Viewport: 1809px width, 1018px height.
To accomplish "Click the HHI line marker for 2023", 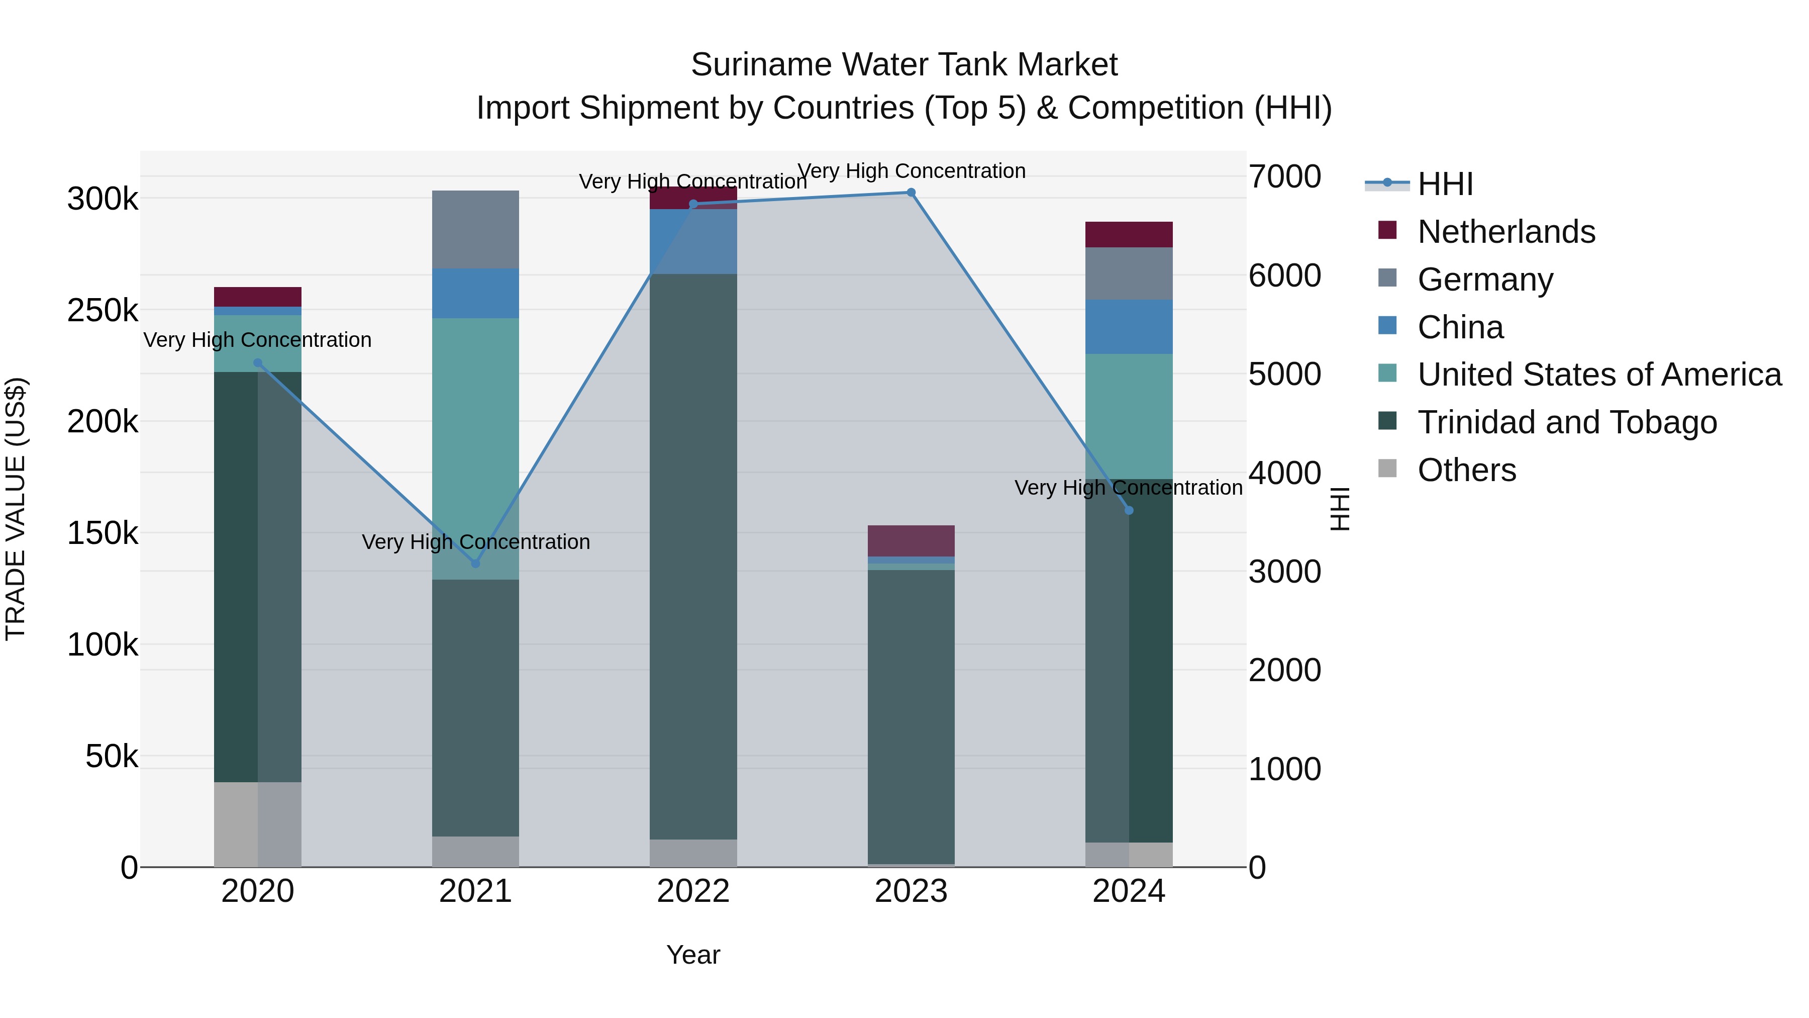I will (x=911, y=193).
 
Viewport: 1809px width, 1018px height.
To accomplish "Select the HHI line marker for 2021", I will (x=475, y=564).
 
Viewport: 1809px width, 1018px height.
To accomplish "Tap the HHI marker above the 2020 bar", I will (x=258, y=363).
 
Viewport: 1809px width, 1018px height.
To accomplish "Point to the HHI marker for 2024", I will (x=1129, y=510).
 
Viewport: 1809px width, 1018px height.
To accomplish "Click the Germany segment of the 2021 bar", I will (x=475, y=229).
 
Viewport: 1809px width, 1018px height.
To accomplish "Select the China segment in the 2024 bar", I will (x=1129, y=327).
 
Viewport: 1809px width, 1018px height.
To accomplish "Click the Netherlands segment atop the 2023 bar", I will (x=911, y=540).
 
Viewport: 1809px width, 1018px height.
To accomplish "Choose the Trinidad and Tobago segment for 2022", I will (x=693, y=555).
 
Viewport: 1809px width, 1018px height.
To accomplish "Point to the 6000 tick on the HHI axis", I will (x=1284, y=275).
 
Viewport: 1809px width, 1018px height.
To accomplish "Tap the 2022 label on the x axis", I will (x=693, y=891).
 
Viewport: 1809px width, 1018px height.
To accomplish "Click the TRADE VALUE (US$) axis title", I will (x=16, y=509).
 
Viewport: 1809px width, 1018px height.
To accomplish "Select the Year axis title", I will (x=693, y=955).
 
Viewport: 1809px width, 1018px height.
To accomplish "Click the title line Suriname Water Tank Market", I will (x=904, y=65).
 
